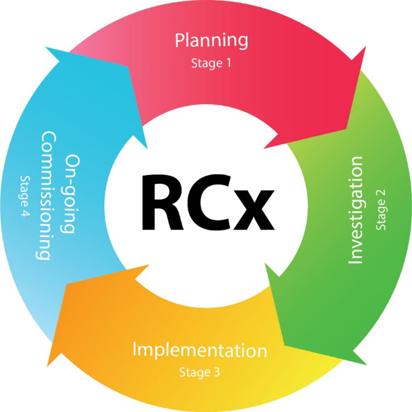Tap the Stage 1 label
[x=211, y=63]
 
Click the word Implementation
[x=200, y=350]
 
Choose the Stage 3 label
[x=200, y=372]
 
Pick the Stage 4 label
[x=25, y=196]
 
